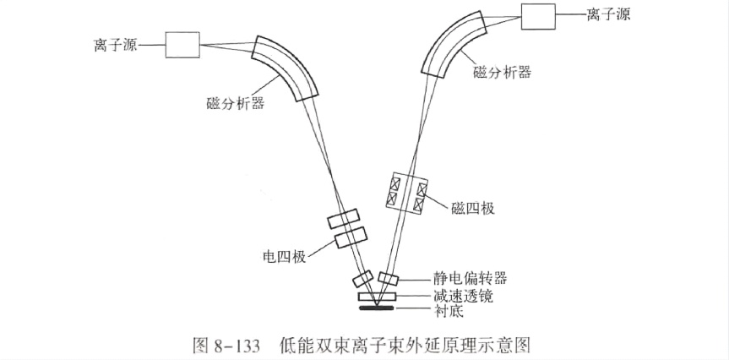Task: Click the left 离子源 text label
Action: point(113,45)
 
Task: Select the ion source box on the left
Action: point(182,45)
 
